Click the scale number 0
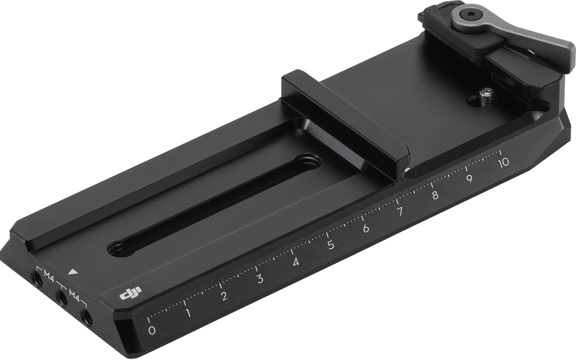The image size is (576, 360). point(152,330)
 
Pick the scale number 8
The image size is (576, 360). point(435,195)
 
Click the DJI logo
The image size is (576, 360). point(131,293)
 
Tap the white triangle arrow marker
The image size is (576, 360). point(72,272)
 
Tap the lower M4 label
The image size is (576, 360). point(74,294)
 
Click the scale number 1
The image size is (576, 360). point(188,313)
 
